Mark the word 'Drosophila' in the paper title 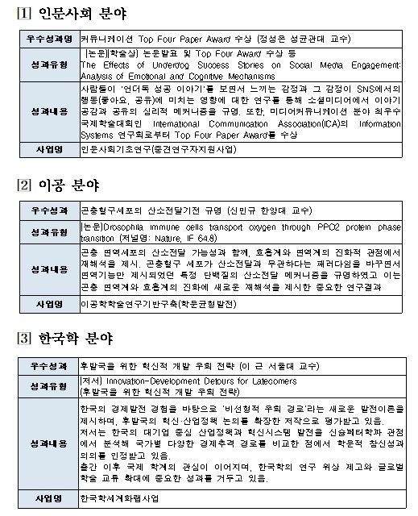pos(123,227)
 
